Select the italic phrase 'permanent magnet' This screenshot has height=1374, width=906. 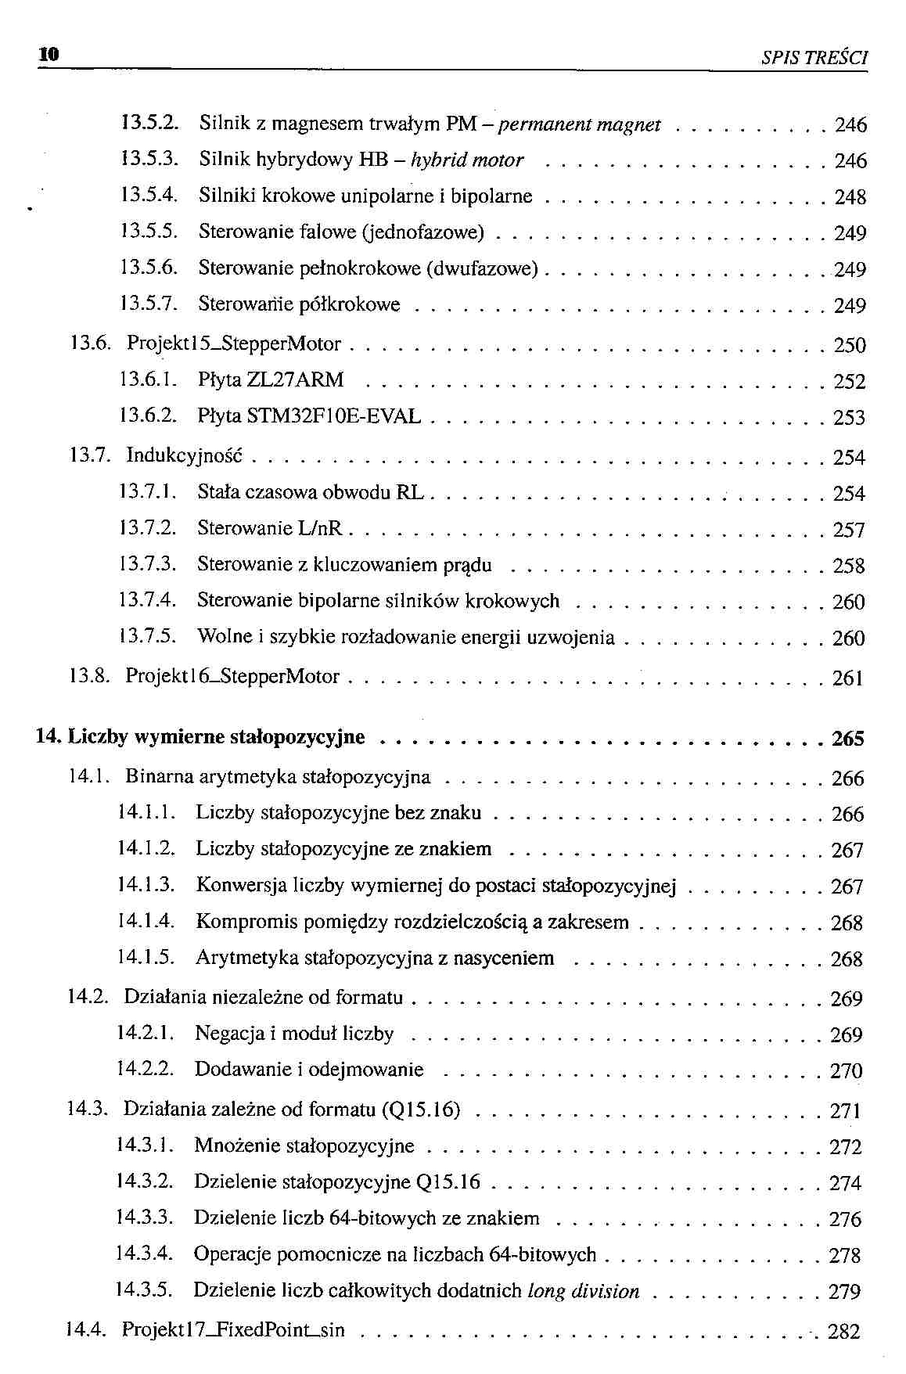tap(580, 124)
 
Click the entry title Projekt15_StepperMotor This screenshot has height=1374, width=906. tap(234, 343)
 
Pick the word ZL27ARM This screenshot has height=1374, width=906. tap(295, 380)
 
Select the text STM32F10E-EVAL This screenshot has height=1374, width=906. tap(333, 416)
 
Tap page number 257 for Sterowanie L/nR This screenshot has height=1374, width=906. tap(849, 531)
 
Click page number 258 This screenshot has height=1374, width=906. tap(849, 566)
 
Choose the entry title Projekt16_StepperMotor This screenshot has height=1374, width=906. tap(233, 676)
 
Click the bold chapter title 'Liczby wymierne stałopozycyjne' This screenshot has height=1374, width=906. tap(217, 737)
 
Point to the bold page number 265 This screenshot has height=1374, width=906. tap(848, 739)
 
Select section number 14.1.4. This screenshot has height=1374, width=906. tap(146, 921)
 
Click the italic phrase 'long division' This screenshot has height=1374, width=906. tap(584, 1291)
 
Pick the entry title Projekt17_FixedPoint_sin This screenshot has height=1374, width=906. tap(233, 1329)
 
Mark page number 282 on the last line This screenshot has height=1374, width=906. tap(843, 1331)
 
